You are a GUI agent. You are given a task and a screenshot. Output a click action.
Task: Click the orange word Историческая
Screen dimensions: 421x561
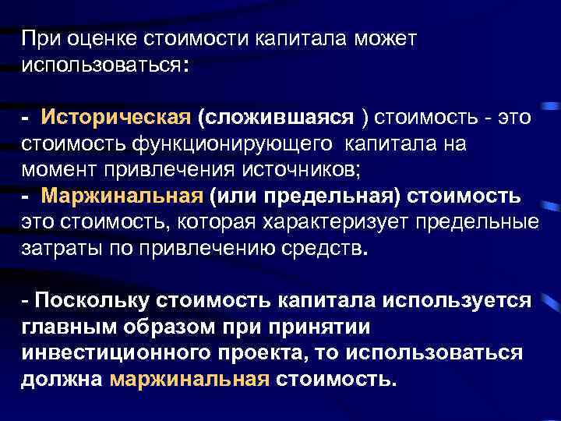click(x=116, y=118)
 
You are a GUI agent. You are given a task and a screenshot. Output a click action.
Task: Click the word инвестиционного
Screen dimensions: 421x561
click(x=101, y=353)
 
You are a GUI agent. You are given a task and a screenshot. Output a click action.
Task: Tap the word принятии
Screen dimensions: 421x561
click(x=328, y=327)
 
